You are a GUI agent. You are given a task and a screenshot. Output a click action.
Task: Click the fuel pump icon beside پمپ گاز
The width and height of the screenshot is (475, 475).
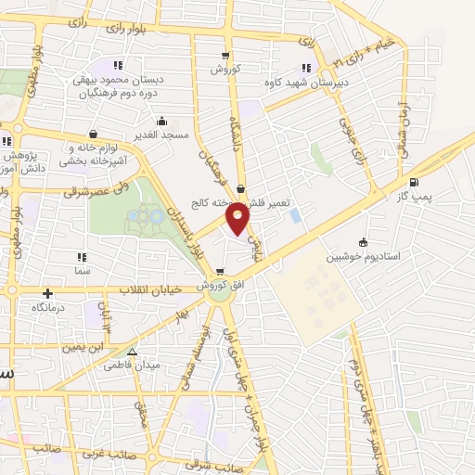click(412, 182)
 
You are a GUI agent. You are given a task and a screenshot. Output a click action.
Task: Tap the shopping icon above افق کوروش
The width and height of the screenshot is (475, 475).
click(219, 273)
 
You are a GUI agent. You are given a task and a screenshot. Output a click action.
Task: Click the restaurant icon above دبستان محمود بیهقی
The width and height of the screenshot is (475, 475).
click(117, 65)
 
